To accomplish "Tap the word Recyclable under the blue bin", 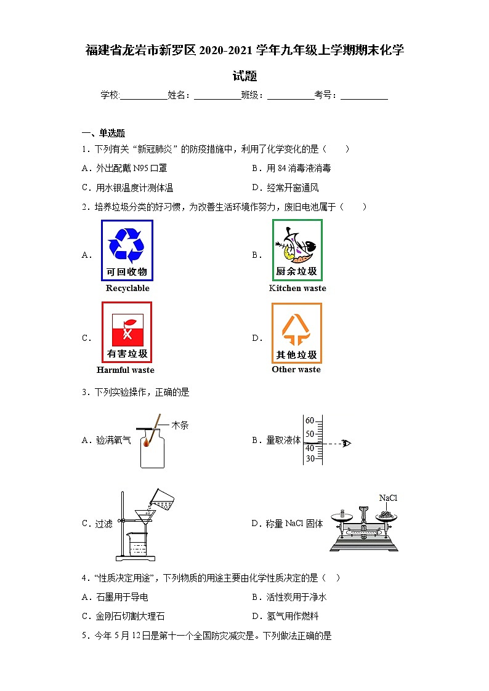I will (127, 288).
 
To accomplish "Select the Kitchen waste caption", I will (297, 288).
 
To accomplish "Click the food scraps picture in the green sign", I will (297, 244).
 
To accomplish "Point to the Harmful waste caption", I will (126, 370).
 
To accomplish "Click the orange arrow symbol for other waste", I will (296, 329).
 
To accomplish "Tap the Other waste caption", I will (296, 369).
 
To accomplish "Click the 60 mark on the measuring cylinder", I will (310, 421).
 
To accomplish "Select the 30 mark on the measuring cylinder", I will (310, 458).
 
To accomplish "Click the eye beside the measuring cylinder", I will (346, 443).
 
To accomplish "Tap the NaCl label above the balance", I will (388, 498).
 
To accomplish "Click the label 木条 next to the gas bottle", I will (180, 425).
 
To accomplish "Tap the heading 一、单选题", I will (103, 133).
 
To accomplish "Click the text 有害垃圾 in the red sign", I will (127, 354).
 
